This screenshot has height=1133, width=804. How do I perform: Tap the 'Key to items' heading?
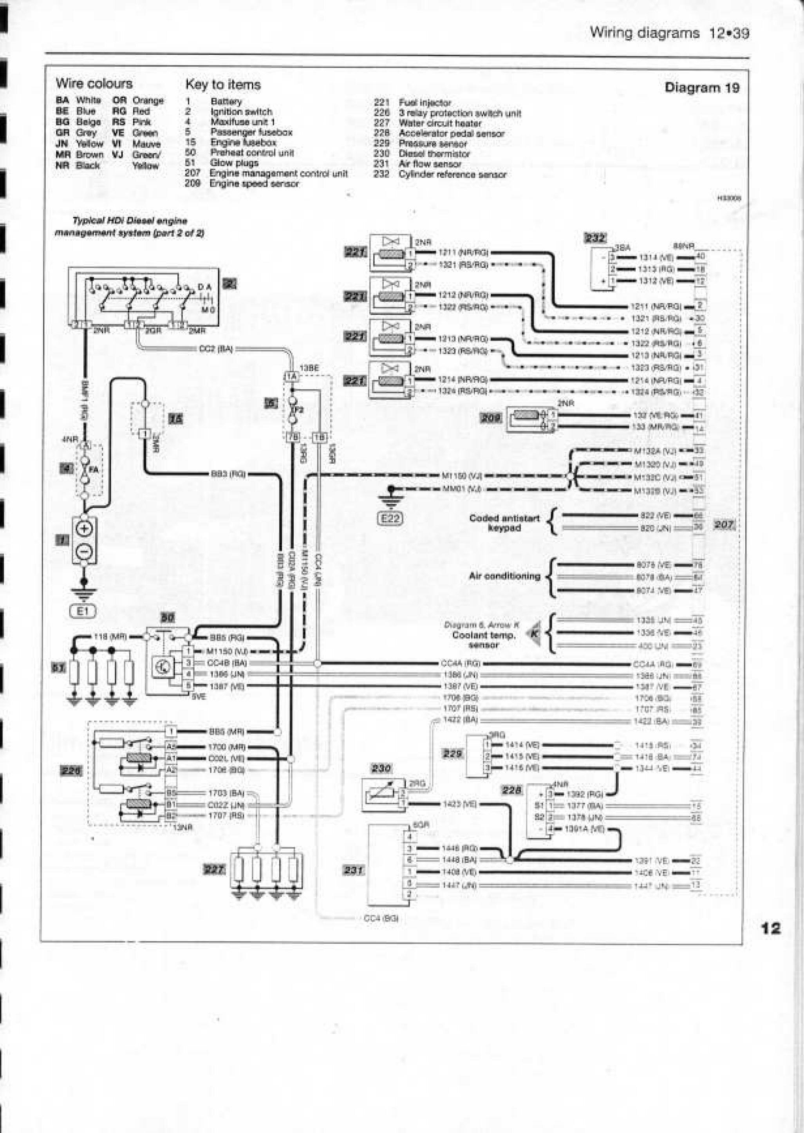(223, 85)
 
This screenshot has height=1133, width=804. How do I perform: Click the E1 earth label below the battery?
(83, 611)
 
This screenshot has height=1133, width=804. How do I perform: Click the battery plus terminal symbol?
(84, 529)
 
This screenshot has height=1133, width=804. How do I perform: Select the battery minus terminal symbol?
(84, 550)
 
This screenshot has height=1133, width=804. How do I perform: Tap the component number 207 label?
(724, 524)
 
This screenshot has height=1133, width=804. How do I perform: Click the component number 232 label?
(595, 238)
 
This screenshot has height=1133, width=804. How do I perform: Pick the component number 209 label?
(491, 418)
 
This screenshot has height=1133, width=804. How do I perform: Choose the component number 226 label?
(71, 771)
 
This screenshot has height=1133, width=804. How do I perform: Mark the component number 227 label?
(214, 869)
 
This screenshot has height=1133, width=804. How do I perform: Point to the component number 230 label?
(381, 768)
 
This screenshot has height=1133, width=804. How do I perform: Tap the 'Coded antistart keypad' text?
(504, 523)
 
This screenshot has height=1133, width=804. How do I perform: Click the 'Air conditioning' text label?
(504, 576)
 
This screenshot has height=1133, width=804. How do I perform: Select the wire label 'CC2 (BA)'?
(215, 349)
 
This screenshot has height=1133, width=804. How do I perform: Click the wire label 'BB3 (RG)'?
(228, 474)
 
